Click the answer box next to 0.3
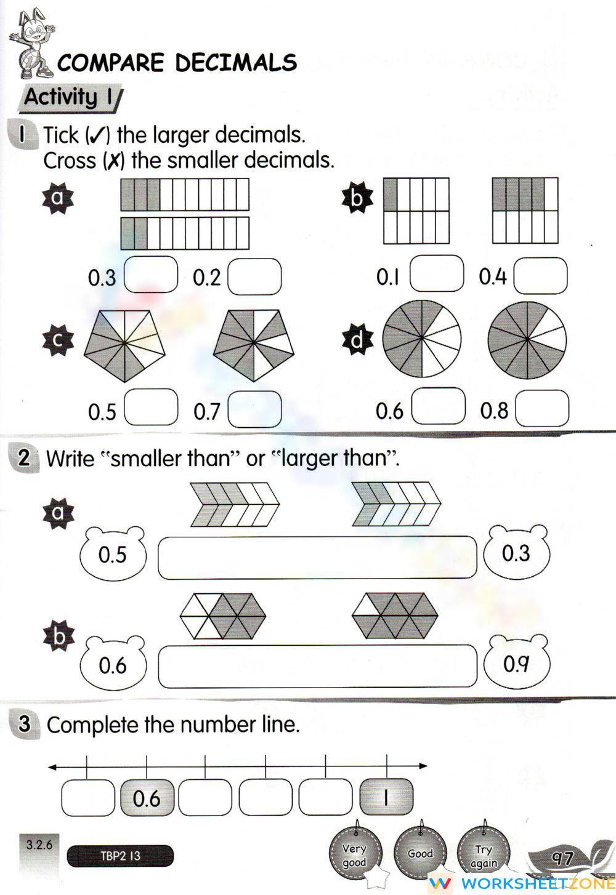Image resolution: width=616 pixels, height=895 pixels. pos(151,275)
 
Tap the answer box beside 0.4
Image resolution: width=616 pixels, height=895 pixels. pos(540,276)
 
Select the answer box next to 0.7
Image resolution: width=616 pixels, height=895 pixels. pos(254,409)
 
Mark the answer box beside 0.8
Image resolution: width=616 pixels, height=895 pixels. pos(541,408)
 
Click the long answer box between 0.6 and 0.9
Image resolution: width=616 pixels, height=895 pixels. pos(317,666)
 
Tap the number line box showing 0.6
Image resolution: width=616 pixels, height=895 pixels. pos(147,798)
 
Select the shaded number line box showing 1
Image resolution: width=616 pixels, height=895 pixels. pos(386,798)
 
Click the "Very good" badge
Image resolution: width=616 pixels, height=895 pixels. pos(355,854)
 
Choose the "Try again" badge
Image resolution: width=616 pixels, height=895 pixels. pos(484,854)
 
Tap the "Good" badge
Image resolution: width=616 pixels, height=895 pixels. pos(420,853)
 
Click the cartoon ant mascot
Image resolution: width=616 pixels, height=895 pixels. pos(33,47)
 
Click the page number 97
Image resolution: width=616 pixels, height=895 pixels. pos(562,857)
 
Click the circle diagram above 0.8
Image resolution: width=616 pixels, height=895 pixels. pos(527,340)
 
